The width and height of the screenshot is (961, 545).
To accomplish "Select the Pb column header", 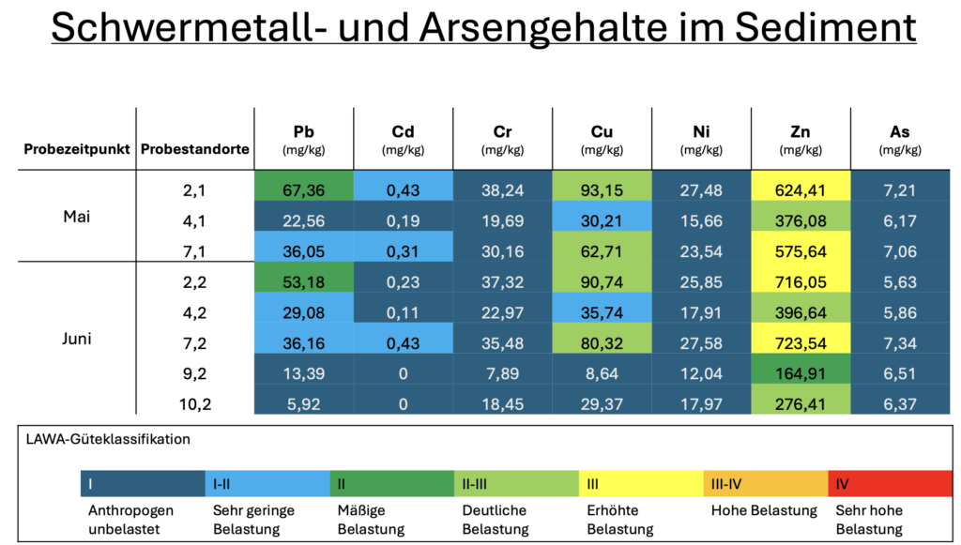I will [x=304, y=139].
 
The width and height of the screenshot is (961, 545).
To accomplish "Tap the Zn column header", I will [x=801, y=139].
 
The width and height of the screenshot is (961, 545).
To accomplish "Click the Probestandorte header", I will [x=194, y=149].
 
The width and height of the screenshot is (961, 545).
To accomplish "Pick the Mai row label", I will [x=77, y=215].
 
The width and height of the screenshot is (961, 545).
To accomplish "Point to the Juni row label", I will [x=77, y=339].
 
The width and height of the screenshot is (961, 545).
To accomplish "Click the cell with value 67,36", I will [x=304, y=190].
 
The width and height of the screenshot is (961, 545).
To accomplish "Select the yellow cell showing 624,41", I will [x=801, y=190].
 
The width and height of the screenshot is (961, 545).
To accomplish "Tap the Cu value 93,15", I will [x=602, y=190].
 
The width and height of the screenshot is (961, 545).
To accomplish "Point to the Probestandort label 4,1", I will [x=195, y=221].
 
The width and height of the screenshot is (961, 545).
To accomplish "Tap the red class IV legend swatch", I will [x=890, y=484].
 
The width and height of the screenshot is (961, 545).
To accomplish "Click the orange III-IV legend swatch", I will [x=765, y=484].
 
